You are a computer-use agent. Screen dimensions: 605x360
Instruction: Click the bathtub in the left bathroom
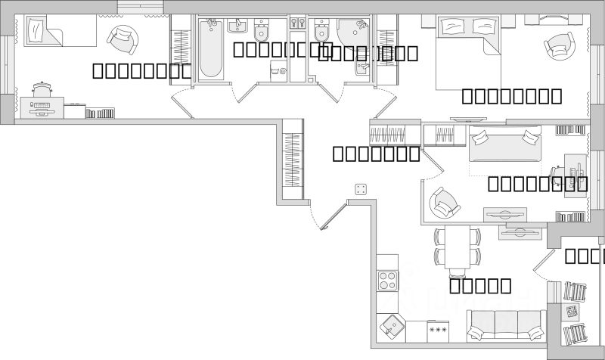tap(212, 50)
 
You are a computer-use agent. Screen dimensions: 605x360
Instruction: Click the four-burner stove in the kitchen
tap(388, 282)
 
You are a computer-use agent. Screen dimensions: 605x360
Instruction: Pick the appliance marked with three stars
tap(438, 330)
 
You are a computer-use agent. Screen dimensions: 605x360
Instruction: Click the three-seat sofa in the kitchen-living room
tap(505, 326)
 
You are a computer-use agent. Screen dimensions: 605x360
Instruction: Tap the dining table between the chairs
tap(458, 247)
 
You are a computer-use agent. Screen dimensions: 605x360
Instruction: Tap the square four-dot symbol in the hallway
tap(360, 188)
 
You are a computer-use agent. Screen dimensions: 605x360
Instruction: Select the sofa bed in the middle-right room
tap(505, 144)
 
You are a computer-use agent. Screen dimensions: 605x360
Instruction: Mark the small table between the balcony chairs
tap(572, 311)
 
